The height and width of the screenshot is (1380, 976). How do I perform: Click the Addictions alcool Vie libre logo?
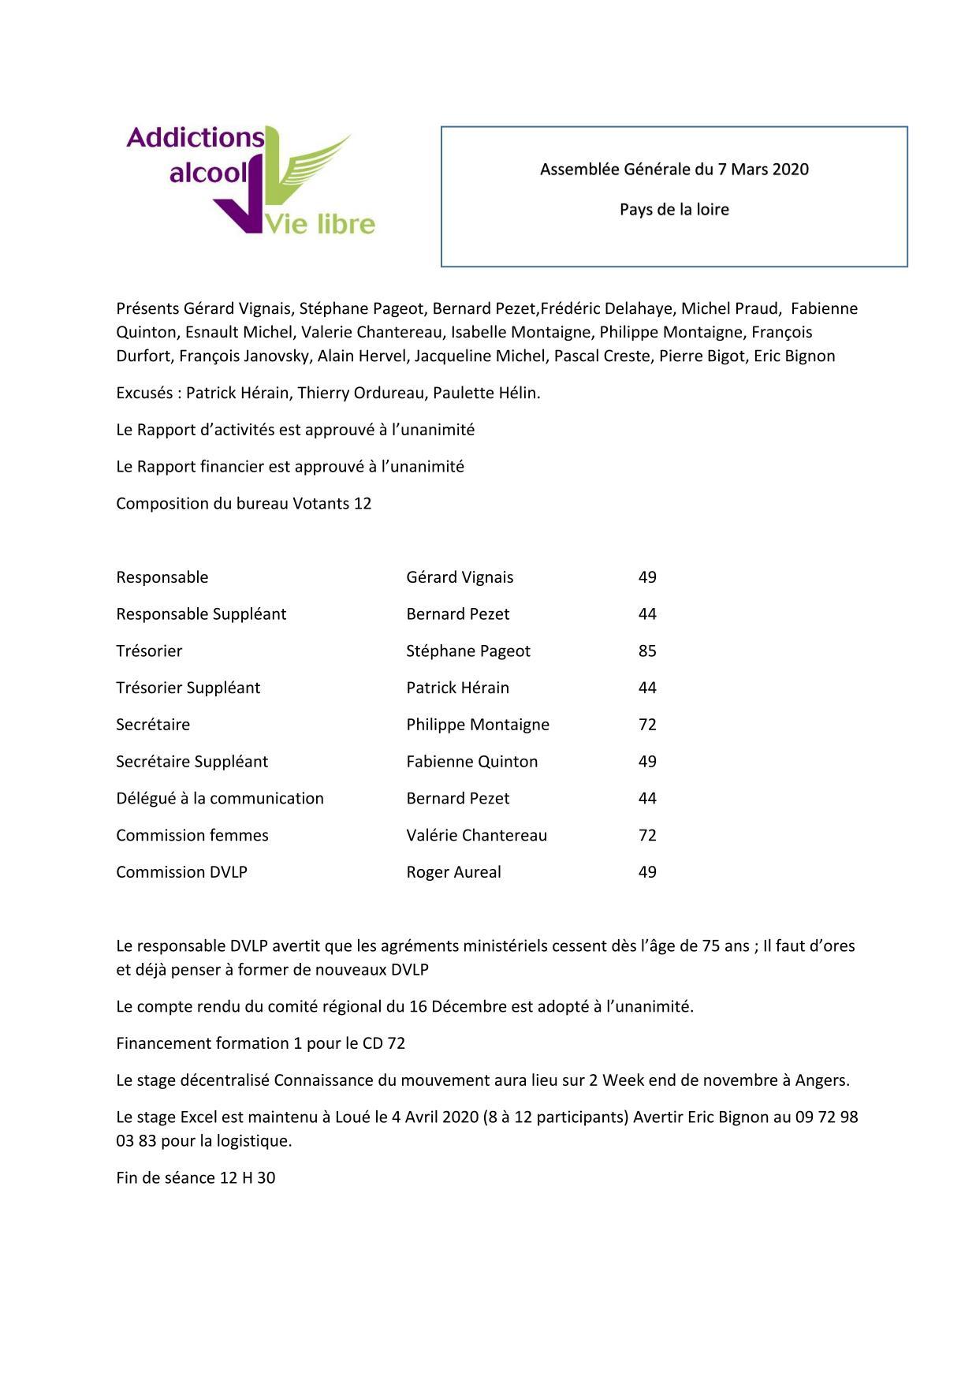[251, 181]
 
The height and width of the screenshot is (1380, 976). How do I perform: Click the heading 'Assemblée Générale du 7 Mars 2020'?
[674, 170]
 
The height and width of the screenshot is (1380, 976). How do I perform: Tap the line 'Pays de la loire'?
[674, 210]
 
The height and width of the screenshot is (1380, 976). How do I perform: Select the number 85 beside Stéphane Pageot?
[647, 651]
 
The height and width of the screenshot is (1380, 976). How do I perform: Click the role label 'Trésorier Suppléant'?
[188, 688]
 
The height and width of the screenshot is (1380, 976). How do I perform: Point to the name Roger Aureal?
[453, 872]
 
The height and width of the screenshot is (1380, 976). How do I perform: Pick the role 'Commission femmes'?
[192, 835]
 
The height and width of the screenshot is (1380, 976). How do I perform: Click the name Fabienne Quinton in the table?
[471, 762]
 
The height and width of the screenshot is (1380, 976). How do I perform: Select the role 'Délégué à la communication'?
[219, 798]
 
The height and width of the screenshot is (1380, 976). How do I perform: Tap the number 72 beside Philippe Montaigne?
[647, 725]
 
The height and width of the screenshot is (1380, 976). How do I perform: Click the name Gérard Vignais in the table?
[460, 577]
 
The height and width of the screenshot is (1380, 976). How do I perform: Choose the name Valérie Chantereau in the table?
[476, 835]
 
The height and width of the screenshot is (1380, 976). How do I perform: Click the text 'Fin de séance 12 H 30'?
[196, 1178]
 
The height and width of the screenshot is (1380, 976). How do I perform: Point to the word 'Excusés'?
[145, 393]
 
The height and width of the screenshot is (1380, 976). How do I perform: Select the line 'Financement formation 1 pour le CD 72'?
[260, 1043]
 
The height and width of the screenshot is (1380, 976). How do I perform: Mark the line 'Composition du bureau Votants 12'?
[244, 503]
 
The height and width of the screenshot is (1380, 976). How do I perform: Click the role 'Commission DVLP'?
[181, 872]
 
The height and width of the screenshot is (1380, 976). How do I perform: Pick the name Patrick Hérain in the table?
[457, 688]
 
